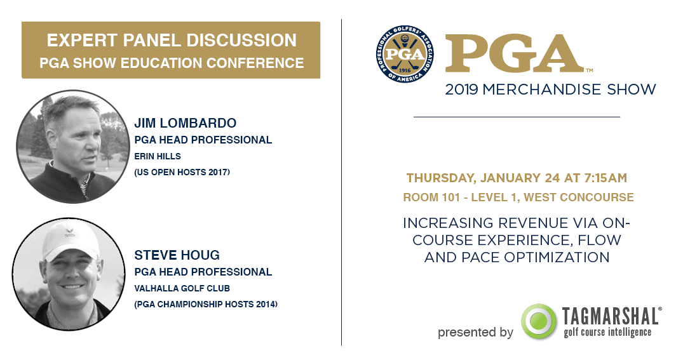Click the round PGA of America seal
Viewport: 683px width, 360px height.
405,54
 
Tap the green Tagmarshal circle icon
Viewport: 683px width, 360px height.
538,322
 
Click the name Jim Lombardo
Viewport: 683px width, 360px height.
185,123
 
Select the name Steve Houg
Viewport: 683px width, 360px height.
177,255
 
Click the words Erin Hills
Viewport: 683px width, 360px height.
157,156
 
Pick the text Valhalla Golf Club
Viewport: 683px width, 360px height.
182,288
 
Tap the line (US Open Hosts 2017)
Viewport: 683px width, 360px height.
182,173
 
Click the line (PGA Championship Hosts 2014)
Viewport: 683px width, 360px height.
206,304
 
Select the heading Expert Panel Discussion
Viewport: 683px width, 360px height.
172,41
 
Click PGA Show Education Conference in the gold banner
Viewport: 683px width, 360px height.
172,63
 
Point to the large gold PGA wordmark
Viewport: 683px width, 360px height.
514,53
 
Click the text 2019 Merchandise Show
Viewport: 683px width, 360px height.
550,90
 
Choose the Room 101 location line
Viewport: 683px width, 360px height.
518,197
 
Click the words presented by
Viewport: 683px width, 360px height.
475,333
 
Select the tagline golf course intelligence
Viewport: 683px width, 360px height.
607,333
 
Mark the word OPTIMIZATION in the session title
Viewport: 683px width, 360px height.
557,257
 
